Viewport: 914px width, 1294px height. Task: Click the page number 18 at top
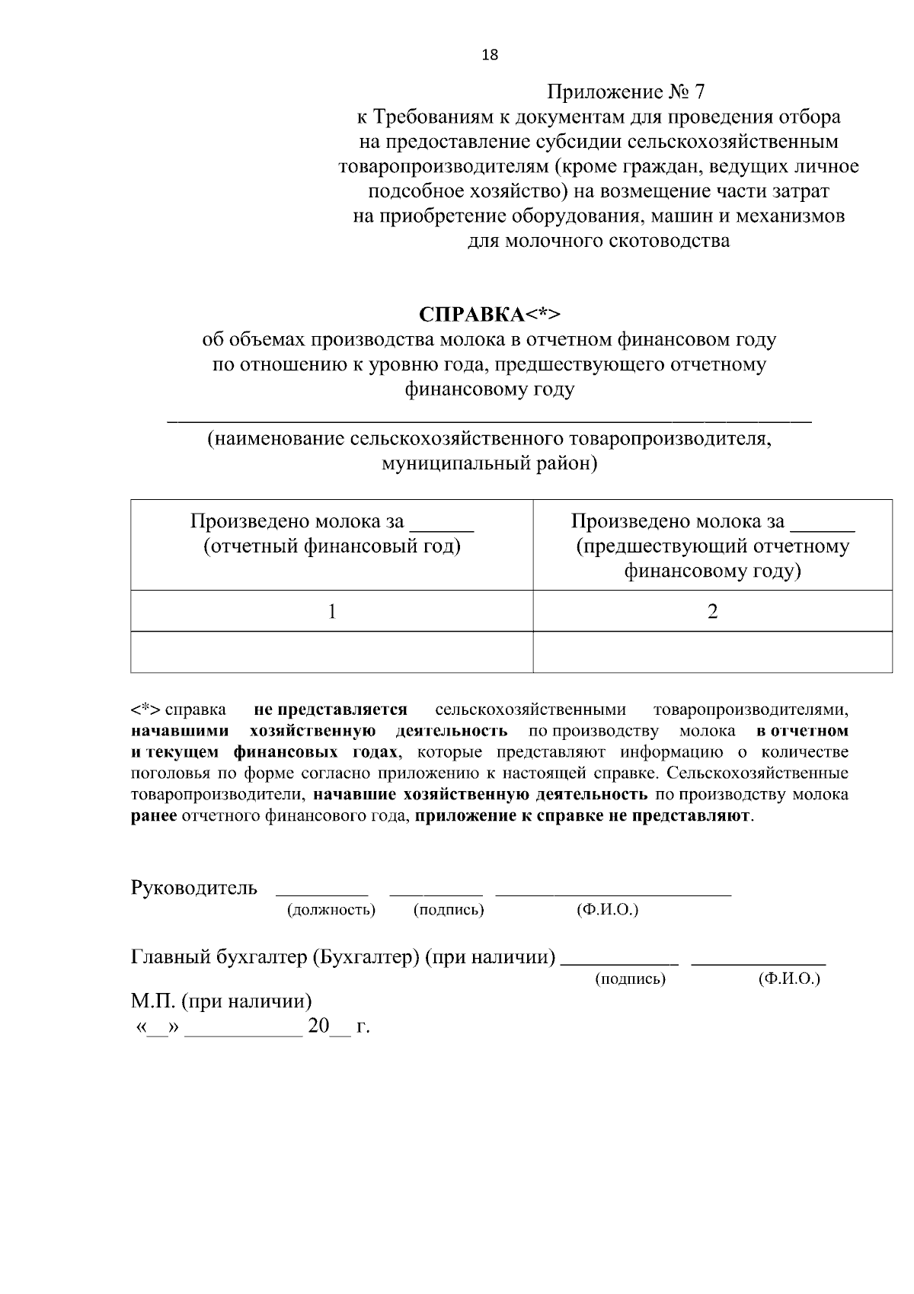coord(490,54)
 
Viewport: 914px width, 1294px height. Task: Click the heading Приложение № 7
coord(626,93)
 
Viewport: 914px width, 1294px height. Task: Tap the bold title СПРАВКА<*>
coord(490,314)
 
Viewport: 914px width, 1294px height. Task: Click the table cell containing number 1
coord(331,610)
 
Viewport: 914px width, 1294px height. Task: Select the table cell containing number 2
coord(712,610)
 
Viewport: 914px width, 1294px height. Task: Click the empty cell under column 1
coord(331,652)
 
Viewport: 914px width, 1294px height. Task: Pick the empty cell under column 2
coord(712,652)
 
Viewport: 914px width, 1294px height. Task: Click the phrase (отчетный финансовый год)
coord(331,546)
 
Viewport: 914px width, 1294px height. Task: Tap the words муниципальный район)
coord(489,463)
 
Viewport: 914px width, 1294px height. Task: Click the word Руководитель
coord(194,888)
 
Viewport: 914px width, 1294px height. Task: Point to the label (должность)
coord(331,910)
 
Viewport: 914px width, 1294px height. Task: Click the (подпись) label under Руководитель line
coord(449,910)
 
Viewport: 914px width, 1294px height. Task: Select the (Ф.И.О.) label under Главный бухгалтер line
coord(789,979)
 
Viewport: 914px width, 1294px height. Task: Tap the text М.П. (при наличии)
coord(222,1001)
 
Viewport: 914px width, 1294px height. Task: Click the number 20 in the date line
coord(318,1026)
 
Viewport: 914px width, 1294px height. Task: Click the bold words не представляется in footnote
coord(331,709)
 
